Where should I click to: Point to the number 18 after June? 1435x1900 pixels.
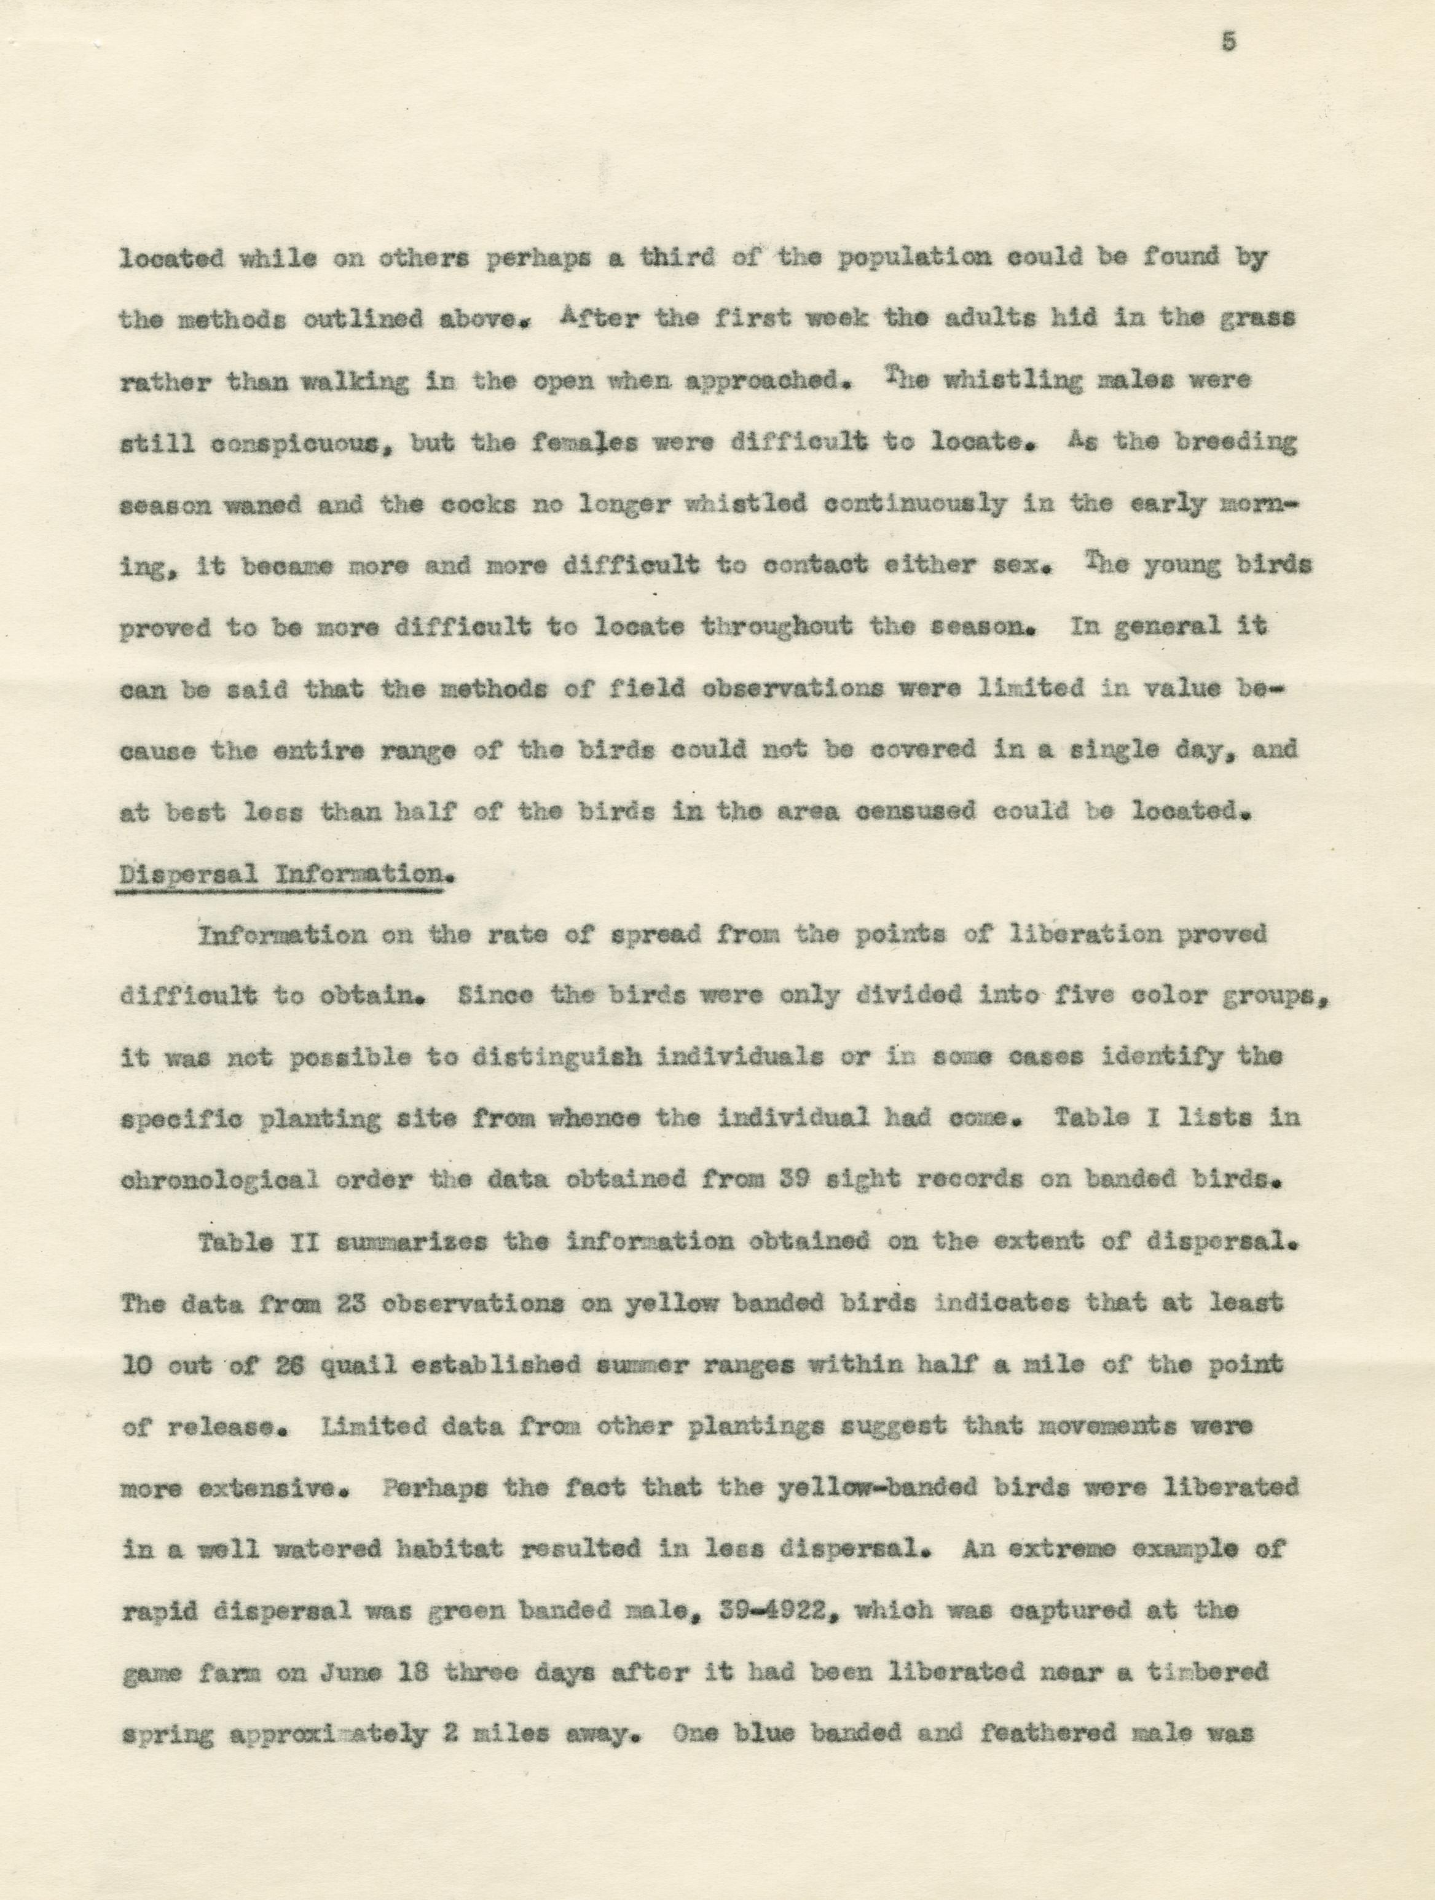coord(449,1673)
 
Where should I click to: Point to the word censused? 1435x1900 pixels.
coord(915,812)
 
